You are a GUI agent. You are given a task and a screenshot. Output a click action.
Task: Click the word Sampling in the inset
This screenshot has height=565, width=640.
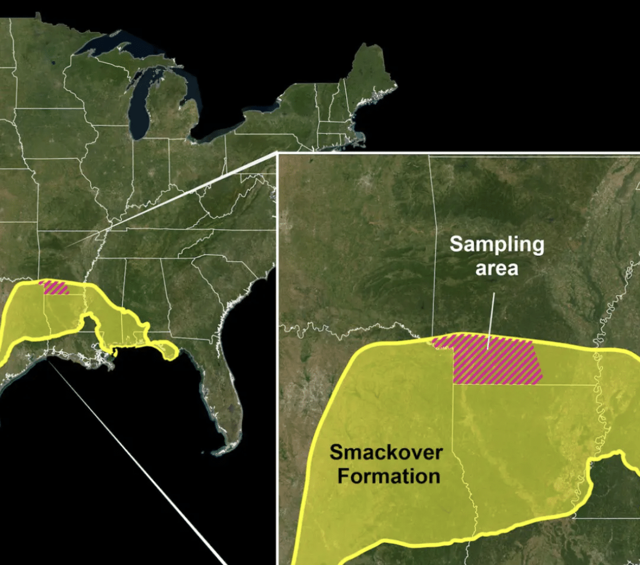point(497,244)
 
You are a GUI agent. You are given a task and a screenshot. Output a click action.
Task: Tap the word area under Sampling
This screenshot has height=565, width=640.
point(497,268)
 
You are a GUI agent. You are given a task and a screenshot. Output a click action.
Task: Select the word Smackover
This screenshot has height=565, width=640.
point(386,452)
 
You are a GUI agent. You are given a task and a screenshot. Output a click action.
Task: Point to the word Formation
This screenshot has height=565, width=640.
point(388,476)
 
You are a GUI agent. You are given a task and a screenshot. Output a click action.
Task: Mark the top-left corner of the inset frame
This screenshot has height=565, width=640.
point(278,154)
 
